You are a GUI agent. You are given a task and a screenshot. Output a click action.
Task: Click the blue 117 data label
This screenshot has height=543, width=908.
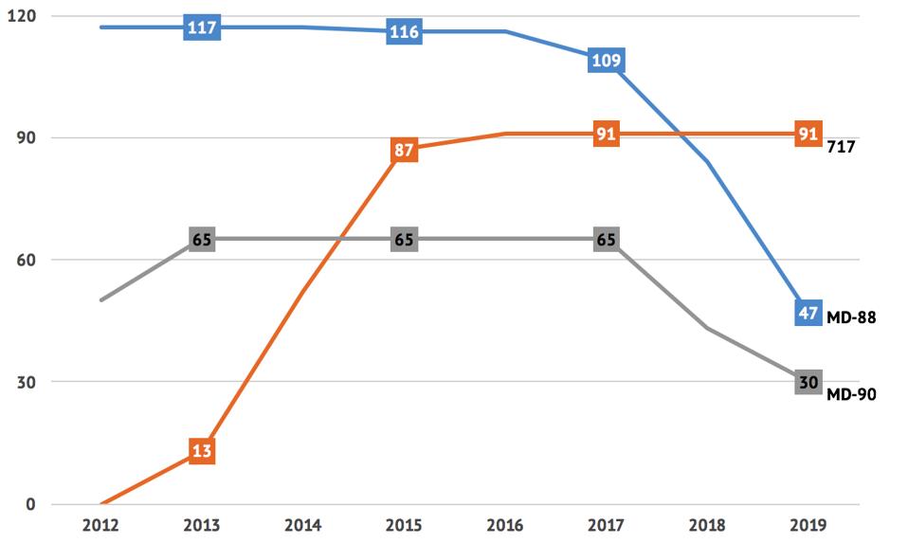tap(202, 27)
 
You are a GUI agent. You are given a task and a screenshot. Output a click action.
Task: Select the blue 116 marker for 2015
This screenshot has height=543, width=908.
tap(404, 31)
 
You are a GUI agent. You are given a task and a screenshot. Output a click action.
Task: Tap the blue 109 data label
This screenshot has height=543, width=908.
tap(607, 61)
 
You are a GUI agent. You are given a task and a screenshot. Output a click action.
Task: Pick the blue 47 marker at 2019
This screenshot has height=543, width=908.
tap(808, 313)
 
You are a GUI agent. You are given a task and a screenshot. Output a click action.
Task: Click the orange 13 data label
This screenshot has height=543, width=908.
tap(202, 451)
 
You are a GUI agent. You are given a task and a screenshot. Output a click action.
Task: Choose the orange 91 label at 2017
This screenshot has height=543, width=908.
tap(607, 135)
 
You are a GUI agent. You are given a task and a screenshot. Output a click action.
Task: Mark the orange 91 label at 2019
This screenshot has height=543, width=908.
tap(808, 135)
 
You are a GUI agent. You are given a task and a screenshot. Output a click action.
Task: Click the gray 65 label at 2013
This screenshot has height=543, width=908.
tap(202, 239)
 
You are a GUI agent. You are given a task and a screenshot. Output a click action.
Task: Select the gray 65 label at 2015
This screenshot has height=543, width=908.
tap(404, 239)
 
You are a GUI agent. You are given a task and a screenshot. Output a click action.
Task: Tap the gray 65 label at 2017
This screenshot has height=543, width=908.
tap(607, 239)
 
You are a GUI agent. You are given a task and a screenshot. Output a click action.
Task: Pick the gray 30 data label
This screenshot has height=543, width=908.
tap(808, 381)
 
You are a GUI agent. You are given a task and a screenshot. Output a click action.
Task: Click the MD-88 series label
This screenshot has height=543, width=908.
tap(850, 318)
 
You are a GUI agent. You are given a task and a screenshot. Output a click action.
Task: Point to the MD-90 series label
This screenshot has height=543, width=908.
tap(850, 394)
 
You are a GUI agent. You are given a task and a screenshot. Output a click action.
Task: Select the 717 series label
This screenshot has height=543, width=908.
tap(842, 147)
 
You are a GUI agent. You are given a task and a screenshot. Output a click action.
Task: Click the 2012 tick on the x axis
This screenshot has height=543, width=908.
tap(100, 524)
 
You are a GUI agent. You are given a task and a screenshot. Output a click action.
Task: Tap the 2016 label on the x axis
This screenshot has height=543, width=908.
tap(505, 524)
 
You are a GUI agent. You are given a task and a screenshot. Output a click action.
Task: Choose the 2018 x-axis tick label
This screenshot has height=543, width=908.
tap(707, 524)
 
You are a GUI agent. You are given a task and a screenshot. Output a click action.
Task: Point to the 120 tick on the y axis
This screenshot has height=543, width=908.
tap(22, 16)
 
